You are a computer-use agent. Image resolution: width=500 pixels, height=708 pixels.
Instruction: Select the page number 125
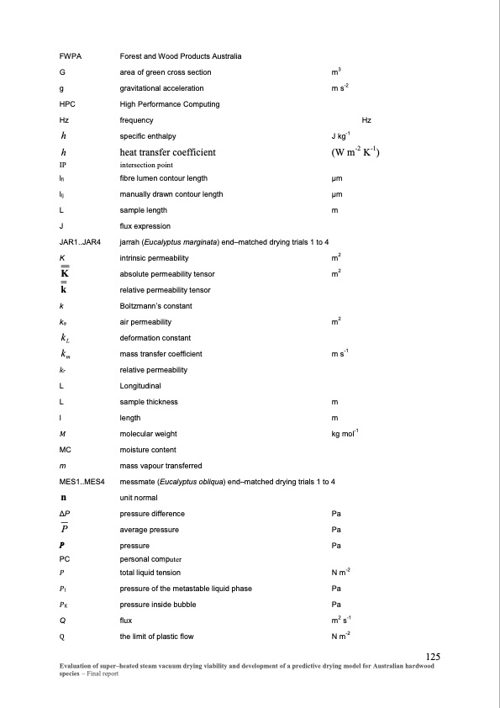(434, 657)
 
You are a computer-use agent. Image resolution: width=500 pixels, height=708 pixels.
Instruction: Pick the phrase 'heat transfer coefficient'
(168, 152)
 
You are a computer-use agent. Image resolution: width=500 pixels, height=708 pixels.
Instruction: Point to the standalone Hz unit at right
(366, 119)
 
